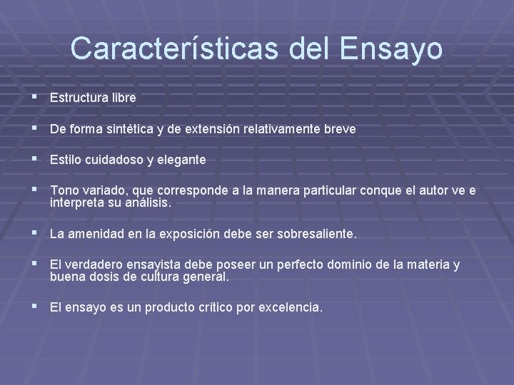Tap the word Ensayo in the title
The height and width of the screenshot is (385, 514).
coord(391,48)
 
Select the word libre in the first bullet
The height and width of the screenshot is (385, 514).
coord(121,97)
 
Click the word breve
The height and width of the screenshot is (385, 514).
coord(340,129)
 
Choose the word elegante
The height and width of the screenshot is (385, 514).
coord(183,160)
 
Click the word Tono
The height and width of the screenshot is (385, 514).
coord(63,191)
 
